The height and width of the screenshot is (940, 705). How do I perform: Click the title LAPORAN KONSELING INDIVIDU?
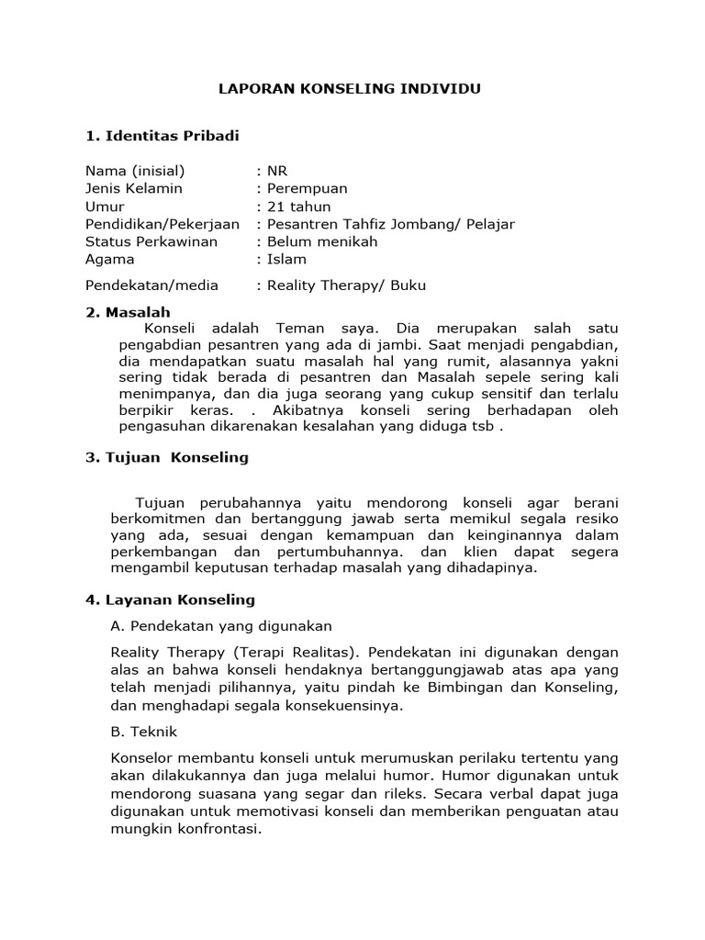(x=348, y=89)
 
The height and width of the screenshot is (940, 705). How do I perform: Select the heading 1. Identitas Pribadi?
(x=162, y=136)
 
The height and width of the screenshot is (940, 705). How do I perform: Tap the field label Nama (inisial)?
(x=135, y=171)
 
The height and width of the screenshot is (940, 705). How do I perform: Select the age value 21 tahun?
(x=299, y=207)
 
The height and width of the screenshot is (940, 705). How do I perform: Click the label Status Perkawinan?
(x=151, y=241)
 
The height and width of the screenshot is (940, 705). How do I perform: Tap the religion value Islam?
(x=286, y=259)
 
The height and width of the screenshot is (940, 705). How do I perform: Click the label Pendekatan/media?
(x=151, y=285)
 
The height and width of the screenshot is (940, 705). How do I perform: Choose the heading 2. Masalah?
(x=128, y=312)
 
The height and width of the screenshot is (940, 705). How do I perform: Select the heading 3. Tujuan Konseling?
(x=167, y=457)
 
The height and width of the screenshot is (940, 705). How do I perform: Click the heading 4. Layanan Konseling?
(x=170, y=600)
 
